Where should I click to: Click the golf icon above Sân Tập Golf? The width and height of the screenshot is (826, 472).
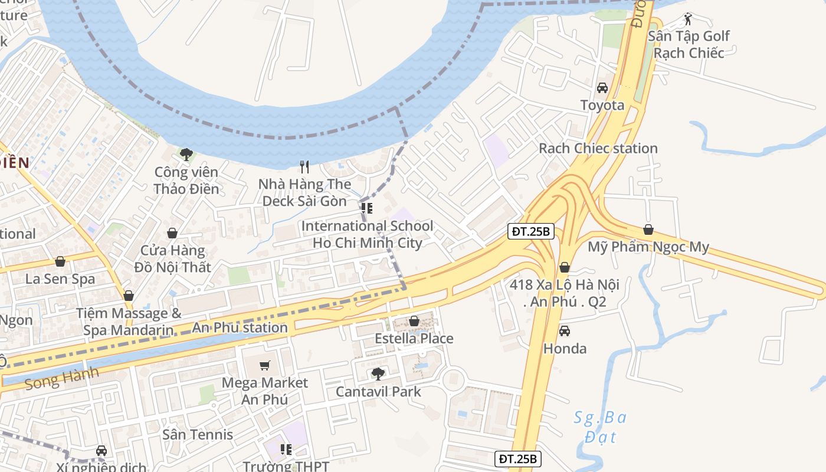pos(688,19)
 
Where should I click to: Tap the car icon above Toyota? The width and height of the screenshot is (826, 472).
pos(602,88)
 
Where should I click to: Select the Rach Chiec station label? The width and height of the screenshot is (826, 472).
pos(598,148)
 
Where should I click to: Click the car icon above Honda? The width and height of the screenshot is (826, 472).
pos(565,331)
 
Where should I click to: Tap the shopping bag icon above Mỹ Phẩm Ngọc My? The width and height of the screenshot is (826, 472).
pos(648,230)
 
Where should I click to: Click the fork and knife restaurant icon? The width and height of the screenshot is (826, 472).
pos(304,167)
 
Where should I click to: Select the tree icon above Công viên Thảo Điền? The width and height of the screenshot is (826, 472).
pos(186,155)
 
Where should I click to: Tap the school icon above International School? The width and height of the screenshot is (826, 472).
pos(367,208)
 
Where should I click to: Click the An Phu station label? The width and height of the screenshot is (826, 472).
pos(240,327)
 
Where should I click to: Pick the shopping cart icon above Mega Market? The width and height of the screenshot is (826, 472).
pos(265,366)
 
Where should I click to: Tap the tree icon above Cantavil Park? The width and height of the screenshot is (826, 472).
pos(378,374)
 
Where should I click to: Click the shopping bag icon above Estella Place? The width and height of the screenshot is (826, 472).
pos(414,321)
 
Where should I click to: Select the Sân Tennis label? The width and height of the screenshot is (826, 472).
pos(198,435)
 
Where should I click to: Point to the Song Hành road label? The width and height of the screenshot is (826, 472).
pos(61,378)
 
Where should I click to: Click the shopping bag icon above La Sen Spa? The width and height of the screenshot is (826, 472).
pos(60,261)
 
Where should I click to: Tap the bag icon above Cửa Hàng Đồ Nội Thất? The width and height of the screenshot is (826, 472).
pos(172,233)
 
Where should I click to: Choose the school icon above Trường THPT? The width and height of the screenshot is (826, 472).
pos(286,450)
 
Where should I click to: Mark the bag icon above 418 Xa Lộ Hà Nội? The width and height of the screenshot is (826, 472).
pos(565,267)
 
